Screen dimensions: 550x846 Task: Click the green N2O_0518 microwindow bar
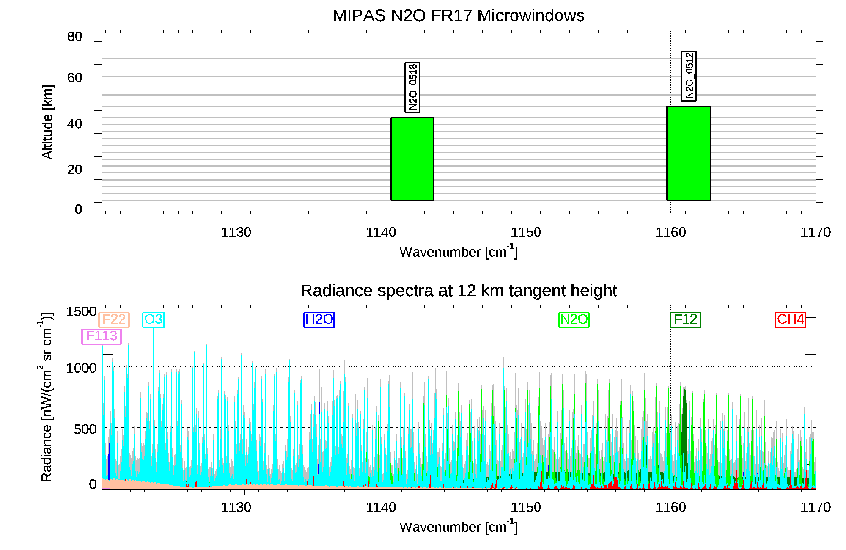[x=412, y=159]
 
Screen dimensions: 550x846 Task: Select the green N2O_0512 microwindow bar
[x=689, y=153]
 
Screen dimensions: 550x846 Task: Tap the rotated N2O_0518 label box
[x=412, y=87]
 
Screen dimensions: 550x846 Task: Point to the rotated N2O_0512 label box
[x=689, y=76]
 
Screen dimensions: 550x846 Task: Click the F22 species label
[x=114, y=320]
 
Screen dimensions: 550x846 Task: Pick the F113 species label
[x=102, y=336]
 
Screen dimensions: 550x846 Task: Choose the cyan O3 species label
[x=153, y=320]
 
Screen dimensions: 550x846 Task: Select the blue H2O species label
[x=319, y=320]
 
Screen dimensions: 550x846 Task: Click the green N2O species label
[x=574, y=320]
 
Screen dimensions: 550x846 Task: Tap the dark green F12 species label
[x=685, y=320]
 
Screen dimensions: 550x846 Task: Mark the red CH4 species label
[x=790, y=320]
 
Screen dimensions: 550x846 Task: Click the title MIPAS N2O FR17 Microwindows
[x=459, y=16]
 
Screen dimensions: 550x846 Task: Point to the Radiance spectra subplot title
[x=459, y=291]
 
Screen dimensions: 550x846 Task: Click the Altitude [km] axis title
[x=47, y=122]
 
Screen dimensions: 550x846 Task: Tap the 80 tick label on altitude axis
[x=74, y=37]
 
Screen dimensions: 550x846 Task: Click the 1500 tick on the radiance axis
[x=81, y=312]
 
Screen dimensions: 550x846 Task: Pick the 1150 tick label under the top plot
[x=525, y=232]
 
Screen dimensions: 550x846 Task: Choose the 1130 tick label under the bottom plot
[x=236, y=507]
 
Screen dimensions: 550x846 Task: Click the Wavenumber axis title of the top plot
[x=459, y=252]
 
